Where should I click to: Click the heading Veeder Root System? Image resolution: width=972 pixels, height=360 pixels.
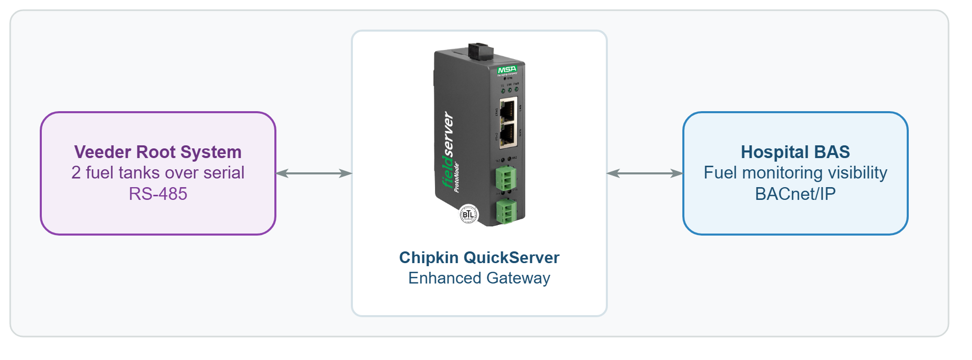(x=158, y=152)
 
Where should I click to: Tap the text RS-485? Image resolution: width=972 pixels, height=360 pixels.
(x=158, y=194)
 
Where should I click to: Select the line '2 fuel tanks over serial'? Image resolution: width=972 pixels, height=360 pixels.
(x=158, y=173)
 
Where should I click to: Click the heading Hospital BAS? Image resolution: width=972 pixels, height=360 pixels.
(x=795, y=152)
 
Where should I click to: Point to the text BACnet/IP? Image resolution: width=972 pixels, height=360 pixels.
(x=795, y=194)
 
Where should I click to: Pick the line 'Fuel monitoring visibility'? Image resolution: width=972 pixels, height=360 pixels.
(x=795, y=173)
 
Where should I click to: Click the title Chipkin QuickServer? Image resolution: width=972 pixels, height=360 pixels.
(x=479, y=258)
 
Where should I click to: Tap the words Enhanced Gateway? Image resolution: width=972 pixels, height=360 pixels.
(x=479, y=278)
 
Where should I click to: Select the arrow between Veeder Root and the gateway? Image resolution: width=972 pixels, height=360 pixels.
(x=314, y=173)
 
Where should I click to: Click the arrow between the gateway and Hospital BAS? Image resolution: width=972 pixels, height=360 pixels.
(x=645, y=173)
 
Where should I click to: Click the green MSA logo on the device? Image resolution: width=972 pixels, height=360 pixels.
(x=507, y=69)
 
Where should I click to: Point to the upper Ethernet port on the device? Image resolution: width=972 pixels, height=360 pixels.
(x=508, y=110)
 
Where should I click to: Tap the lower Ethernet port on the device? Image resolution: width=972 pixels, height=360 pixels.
(x=508, y=135)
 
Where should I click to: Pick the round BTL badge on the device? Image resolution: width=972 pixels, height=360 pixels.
(x=469, y=214)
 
